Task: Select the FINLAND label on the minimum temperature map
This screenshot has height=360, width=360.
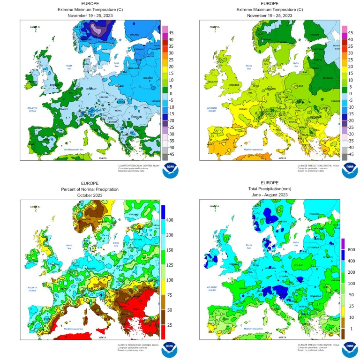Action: pos(135,34)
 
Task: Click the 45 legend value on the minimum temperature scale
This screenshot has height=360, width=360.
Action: pos(172,33)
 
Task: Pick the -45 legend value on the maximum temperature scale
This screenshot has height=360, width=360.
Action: pos(351,154)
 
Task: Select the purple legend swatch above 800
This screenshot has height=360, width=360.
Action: pos(343,244)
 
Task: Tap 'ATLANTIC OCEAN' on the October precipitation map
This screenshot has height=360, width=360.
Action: pos(32,288)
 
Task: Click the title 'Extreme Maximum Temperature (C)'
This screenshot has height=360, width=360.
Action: pos(270,9)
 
